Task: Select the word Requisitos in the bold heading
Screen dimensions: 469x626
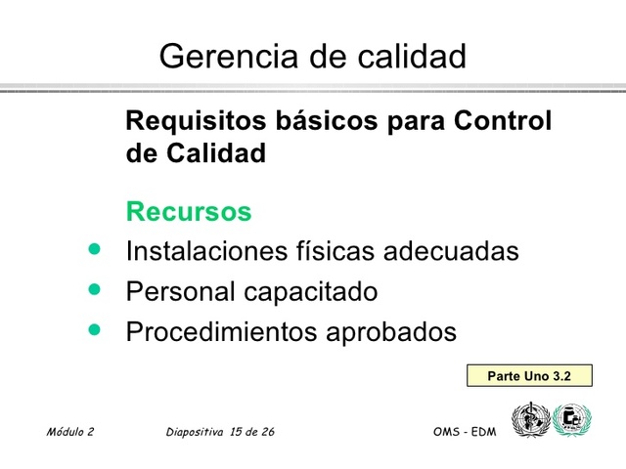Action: (185, 122)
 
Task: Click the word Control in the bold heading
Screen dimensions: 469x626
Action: (503, 122)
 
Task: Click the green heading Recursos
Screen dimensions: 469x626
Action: (189, 211)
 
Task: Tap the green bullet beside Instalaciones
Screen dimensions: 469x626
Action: (95, 250)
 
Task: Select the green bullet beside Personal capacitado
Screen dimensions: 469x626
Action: (95, 290)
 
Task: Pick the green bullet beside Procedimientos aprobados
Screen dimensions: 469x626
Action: (95, 330)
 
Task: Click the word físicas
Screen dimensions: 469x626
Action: (334, 251)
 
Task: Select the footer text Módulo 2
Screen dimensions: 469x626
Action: (69, 431)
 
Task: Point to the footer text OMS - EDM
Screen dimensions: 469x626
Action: (464, 431)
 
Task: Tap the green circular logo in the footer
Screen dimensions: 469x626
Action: (572, 420)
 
